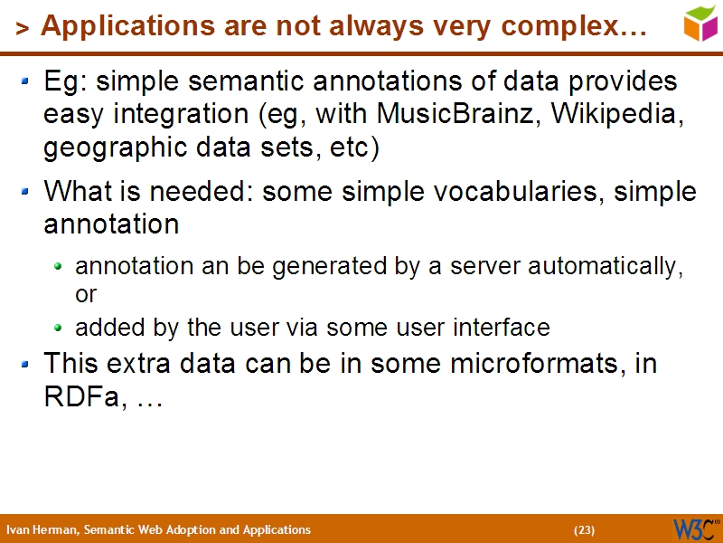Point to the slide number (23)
click(584, 530)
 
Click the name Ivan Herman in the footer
click(42, 530)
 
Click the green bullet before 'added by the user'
click(59, 328)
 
